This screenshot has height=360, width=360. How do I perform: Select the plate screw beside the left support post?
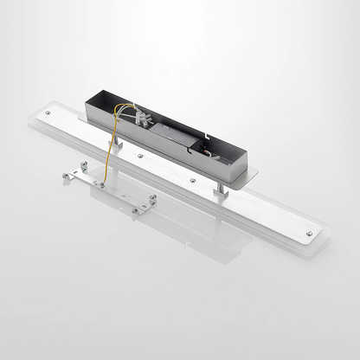pos(141,156)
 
